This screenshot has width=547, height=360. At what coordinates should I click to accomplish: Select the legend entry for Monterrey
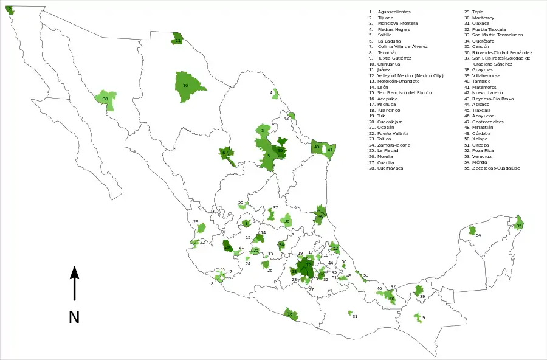pos(483,18)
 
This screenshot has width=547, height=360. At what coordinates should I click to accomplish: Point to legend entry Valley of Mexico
pos(411,75)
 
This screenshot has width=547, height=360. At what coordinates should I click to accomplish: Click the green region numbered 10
pos(188,87)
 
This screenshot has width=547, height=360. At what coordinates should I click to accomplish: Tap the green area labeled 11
pos(177,39)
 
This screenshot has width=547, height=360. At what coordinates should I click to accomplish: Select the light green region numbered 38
pos(105,100)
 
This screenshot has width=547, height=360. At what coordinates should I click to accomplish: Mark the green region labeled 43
pos(318,147)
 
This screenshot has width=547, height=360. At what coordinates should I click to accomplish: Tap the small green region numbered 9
pos(418,317)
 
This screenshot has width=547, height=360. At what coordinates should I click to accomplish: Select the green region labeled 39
pos(419,292)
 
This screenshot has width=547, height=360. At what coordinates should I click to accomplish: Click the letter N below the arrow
pos(74,317)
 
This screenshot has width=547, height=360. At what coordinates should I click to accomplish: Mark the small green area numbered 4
pos(275,94)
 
